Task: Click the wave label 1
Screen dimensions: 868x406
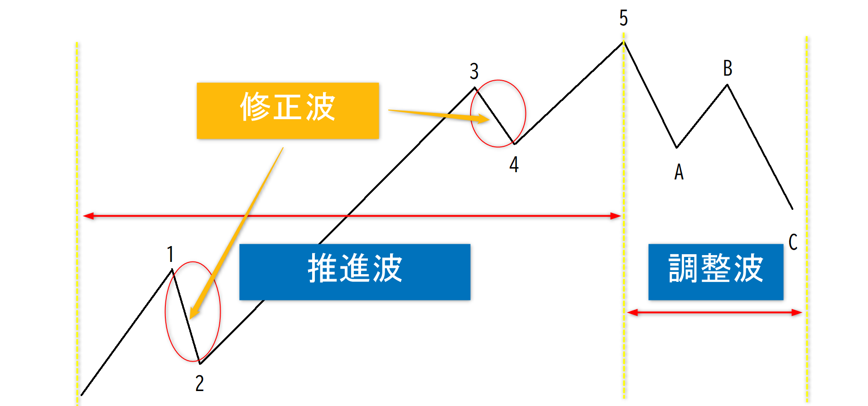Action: coord(170,254)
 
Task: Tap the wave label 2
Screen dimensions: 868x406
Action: coord(199,383)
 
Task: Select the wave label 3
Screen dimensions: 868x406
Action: coord(474,71)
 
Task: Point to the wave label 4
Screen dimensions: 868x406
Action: coord(514,164)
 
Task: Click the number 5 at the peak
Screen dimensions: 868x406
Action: coord(623,18)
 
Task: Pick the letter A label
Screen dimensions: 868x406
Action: coord(679,172)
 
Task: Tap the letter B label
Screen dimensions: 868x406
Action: coord(728,68)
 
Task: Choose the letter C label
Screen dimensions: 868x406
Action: coord(793,242)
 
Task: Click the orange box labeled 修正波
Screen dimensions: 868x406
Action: coord(288,111)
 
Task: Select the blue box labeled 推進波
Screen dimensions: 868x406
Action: coord(355,272)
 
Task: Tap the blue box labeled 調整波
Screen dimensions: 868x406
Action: coord(716,272)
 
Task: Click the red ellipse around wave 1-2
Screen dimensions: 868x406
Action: coord(220,312)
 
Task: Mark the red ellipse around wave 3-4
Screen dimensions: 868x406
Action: coord(526,113)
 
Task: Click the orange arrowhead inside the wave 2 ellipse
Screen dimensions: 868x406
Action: coord(194,312)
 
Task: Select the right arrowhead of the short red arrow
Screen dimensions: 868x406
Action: coord(796,312)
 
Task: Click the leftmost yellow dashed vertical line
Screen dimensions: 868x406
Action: coord(77,222)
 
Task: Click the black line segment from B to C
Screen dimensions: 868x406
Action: coord(760,147)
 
